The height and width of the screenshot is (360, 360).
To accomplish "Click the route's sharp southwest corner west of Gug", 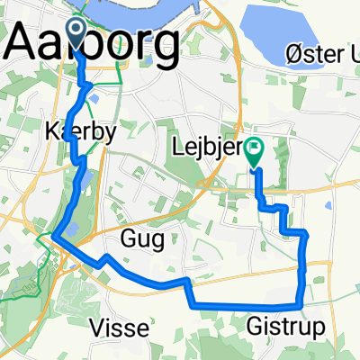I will (54, 237).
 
